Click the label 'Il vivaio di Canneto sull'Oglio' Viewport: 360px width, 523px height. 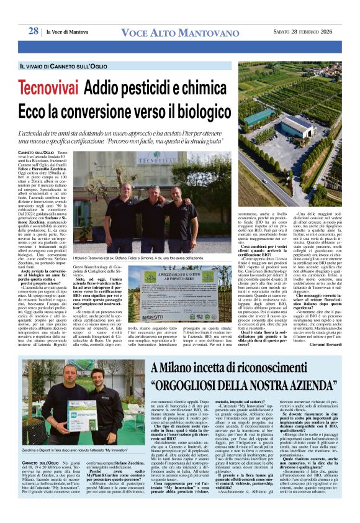(64, 66)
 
